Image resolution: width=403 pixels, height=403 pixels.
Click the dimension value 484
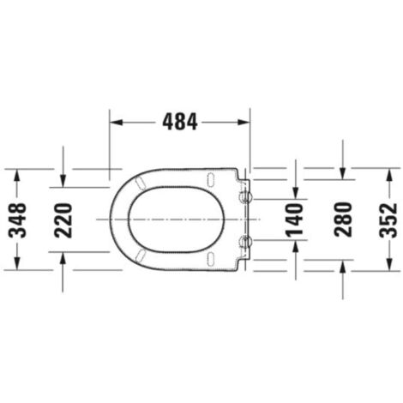click(180, 123)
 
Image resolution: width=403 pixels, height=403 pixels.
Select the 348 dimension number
click(18, 220)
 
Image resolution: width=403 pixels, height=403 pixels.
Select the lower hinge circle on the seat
click(247, 242)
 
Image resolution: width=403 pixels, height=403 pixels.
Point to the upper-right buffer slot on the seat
click(211, 177)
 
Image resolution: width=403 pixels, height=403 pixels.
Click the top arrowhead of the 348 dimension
click(18, 173)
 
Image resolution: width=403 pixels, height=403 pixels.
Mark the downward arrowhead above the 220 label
click(63, 181)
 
